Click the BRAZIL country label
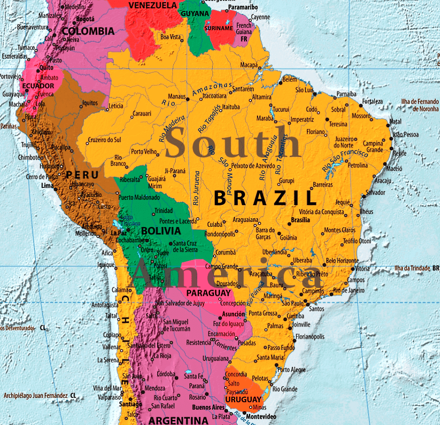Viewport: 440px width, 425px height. (x=265, y=198)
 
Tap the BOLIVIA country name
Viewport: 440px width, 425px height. (x=161, y=230)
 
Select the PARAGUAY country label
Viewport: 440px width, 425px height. (x=208, y=293)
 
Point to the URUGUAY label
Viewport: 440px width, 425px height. (x=243, y=400)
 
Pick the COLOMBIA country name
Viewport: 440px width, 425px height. (x=88, y=31)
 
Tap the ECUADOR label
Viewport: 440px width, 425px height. (x=38, y=86)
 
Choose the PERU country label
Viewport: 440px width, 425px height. (x=82, y=175)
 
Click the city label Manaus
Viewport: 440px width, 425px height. (x=176, y=97)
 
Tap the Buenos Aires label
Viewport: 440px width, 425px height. (x=208, y=407)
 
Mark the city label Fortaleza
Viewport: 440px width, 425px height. (x=372, y=101)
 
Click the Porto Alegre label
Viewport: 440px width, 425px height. (x=291, y=370)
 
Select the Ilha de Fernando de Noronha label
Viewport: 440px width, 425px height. (x=413, y=105)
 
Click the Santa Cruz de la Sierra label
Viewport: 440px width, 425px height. (x=185, y=246)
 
